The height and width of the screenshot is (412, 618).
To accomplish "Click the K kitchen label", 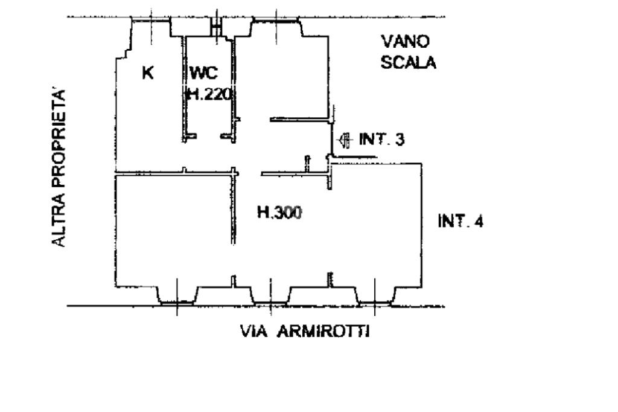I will tap(147, 73).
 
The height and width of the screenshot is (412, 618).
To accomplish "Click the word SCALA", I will tap(409, 62).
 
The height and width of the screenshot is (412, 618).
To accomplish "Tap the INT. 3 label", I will tap(381, 140).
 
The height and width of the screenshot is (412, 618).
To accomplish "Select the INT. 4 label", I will tap(460, 222).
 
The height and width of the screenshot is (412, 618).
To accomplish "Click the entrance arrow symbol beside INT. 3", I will tap(345, 140).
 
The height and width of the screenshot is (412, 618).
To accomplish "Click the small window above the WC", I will tap(215, 25).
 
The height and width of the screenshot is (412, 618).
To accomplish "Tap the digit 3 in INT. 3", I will tap(400, 140).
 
